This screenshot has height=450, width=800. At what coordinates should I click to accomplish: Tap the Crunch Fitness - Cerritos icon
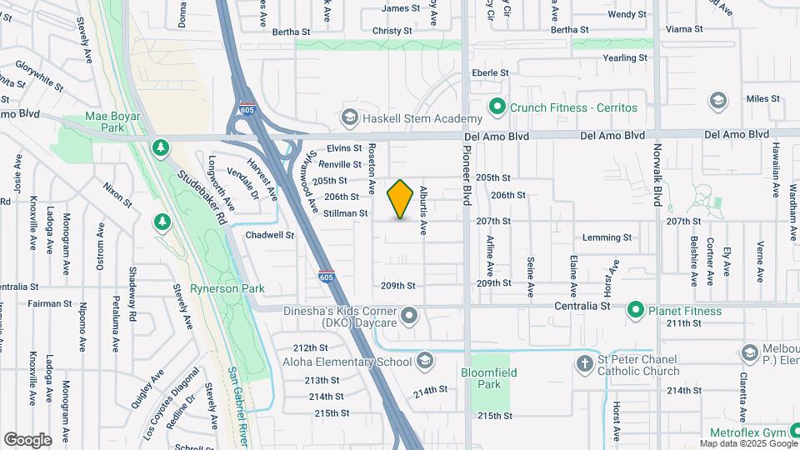tap(497, 107)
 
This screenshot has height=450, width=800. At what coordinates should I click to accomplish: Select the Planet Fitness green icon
tap(636, 311)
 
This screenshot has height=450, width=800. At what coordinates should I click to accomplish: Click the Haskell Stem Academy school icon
tap(349, 118)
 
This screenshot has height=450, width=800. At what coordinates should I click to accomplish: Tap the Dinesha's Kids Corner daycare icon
tap(409, 316)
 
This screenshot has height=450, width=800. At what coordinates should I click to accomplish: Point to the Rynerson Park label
tap(227, 288)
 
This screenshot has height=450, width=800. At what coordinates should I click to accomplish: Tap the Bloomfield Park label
tap(482, 378)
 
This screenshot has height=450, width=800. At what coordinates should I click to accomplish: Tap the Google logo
tap(27, 439)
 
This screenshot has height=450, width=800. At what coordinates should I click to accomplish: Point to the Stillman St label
tap(346, 213)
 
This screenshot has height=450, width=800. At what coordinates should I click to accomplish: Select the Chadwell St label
tap(270, 235)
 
